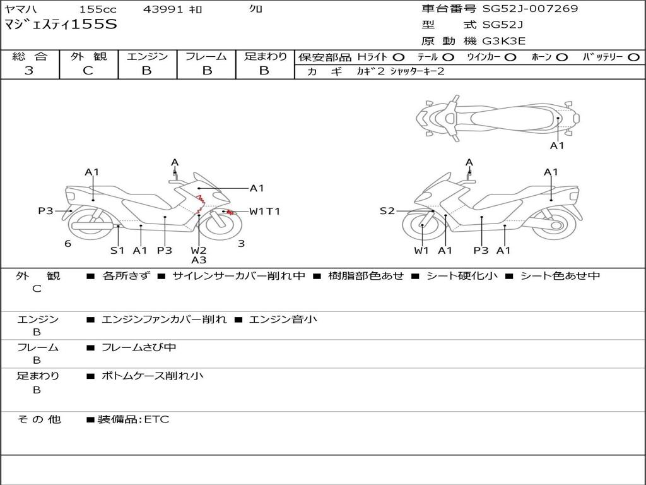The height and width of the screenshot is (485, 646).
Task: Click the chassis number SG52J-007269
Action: click(x=530, y=8)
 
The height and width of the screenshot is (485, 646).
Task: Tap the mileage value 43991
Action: click(x=163, y=9)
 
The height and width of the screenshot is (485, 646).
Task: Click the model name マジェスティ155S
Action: click(x=61, y=25)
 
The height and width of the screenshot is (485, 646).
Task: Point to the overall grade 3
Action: click(x=29, y=70)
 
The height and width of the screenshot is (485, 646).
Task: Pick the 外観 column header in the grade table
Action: click(x=88, y=56)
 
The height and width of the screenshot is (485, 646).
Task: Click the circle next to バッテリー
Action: click(x=633, y=57)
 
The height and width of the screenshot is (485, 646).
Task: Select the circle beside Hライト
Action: click(x=399, y=57)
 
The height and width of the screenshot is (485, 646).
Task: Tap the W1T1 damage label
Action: click(x=264, y=211)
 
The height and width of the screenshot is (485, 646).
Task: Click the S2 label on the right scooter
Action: click(x=387, y=211)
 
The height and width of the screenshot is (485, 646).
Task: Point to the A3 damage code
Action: click(x=199, y=260)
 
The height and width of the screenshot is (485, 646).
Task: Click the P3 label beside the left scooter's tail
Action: click(x=45, y=211)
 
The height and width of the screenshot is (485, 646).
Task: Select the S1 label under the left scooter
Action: click(x=117, y=250)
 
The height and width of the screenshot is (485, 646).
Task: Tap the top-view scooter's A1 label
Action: click(x=557, y=146)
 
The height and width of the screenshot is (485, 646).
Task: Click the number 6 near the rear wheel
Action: click(x=68, y=244)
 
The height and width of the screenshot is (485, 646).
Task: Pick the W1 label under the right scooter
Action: click(x=421, y=250)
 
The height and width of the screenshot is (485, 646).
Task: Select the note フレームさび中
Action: click(x=139, y=348)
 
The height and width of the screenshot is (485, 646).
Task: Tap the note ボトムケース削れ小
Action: click(x=153, y=376)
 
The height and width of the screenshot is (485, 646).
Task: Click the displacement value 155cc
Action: click(x=98, y=9)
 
